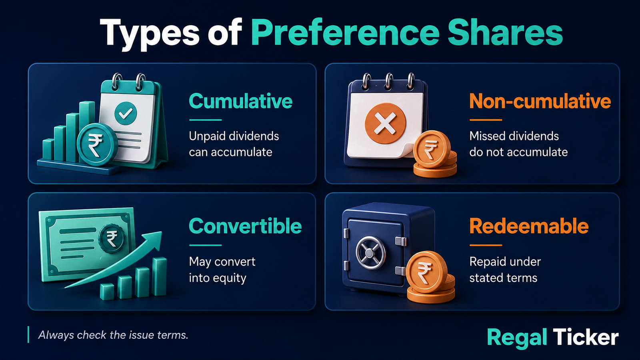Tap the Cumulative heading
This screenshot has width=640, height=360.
240,101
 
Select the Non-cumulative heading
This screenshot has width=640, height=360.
540,101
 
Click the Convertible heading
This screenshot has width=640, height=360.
245,226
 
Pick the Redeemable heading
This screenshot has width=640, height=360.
529,226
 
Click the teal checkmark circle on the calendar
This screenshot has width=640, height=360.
126,114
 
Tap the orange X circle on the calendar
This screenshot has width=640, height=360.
386,124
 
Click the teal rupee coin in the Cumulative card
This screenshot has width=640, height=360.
97,144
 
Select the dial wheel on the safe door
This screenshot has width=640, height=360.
370,253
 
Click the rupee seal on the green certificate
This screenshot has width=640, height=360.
112,238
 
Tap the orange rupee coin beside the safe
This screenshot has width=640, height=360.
426,272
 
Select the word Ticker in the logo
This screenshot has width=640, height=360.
586,337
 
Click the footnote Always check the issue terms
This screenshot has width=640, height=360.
113,335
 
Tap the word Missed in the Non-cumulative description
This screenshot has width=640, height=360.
488,136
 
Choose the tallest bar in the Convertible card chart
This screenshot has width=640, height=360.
160,276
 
